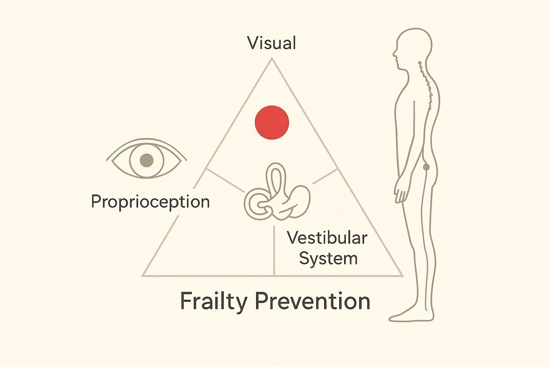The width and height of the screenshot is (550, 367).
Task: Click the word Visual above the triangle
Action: point(272,43)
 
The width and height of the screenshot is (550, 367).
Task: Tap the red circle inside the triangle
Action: point(272,122)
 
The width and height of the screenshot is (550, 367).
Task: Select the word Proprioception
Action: point(150,201)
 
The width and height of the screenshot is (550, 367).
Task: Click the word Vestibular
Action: point(327,237)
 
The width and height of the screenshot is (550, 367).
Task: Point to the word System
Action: point(328,258)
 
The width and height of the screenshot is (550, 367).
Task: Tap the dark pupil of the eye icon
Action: point(147,160)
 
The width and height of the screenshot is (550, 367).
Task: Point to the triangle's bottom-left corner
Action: point(143,275)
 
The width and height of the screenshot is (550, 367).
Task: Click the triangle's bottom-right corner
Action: point(402,275)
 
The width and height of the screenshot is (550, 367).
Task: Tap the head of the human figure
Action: point(412,47)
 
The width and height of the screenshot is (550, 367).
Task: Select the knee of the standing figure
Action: point(419,241)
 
